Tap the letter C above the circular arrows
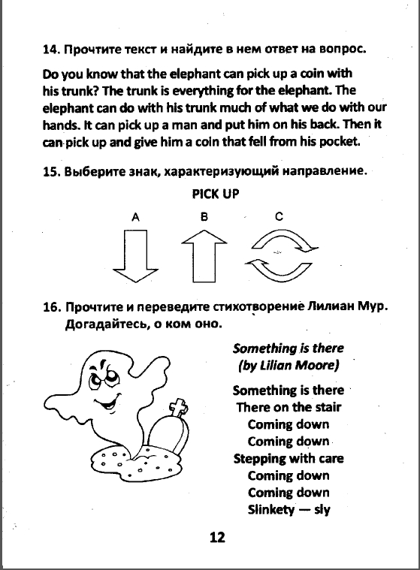279,216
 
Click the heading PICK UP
216,194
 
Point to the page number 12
217,537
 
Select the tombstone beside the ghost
171,431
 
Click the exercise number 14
51,50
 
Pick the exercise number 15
51,171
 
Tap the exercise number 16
51,307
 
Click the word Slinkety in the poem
271,510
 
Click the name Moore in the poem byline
316,365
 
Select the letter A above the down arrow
135,217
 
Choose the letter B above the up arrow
204,216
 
